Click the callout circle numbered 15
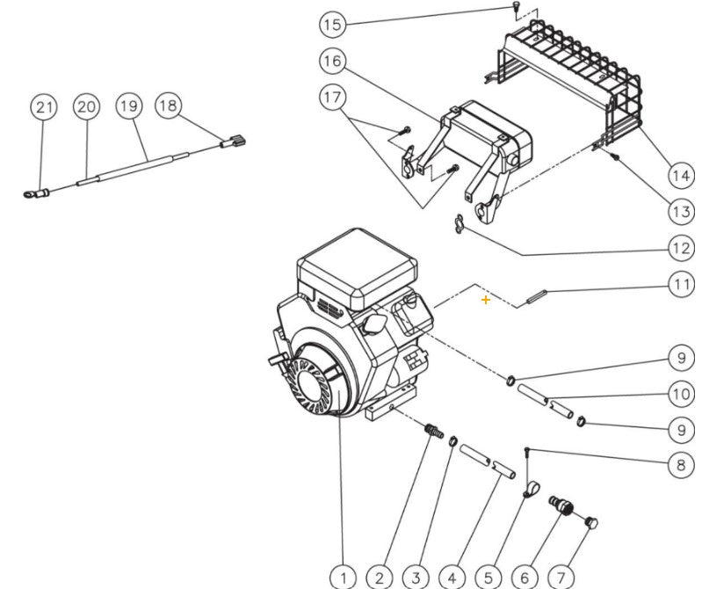[331, 24]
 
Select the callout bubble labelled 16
[331, 61]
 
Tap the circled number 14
[681, 176]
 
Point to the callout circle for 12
[681, 249]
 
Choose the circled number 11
[681, 284]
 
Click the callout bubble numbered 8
[681, 464]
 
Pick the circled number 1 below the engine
[344, 578]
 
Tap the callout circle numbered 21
[44, 107]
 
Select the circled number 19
[128, 106]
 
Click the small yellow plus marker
[486, 301]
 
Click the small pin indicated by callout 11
[538, 297]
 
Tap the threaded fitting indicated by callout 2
[431, 433]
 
